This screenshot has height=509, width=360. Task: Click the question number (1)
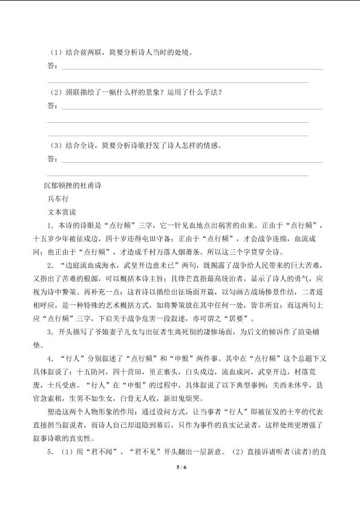53,53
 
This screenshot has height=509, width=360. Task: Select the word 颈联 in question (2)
71,93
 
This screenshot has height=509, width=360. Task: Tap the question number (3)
53,146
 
